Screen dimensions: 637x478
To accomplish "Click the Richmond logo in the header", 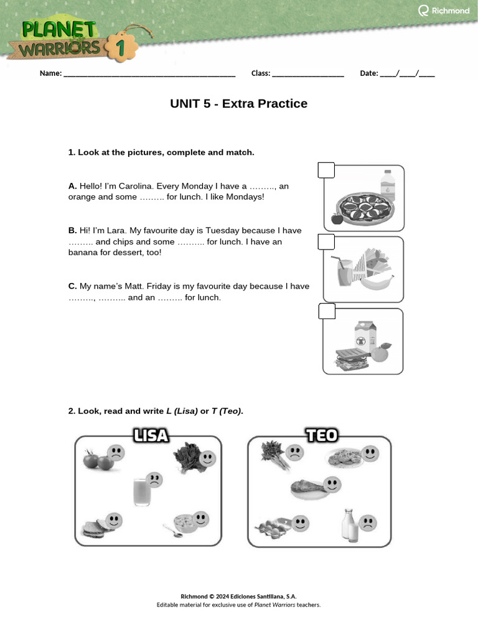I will [444, 11].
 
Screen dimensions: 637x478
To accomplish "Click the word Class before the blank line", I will [260, 73].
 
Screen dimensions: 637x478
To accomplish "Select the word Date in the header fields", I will [368, 73].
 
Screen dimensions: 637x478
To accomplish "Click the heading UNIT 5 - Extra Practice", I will [238, 104].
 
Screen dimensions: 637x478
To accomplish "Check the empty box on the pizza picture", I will [326, 170].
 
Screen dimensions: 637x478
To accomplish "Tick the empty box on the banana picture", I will [326, 241].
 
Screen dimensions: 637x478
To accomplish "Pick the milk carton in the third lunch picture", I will [365, 336].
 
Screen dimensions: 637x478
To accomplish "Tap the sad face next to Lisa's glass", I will [155, 480].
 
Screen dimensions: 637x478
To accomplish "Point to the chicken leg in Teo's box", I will [307, 489].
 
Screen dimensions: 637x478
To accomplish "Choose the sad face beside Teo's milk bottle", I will [369, 522].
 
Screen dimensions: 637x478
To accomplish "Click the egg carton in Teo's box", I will [271, 528].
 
